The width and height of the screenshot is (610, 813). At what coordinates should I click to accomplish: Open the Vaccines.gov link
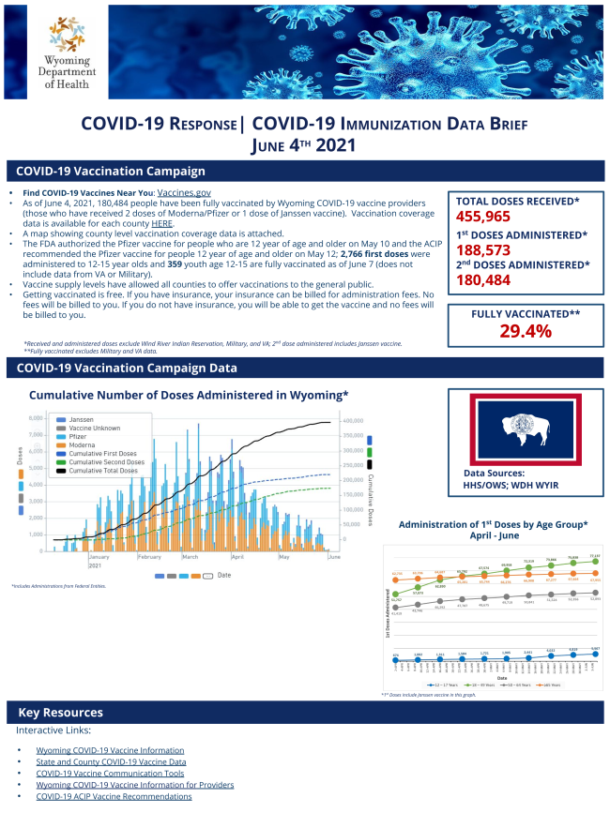pos(184,192)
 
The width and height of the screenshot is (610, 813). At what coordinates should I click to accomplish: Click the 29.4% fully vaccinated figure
pos(525,332)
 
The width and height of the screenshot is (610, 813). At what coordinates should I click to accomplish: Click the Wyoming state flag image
pos(526,429)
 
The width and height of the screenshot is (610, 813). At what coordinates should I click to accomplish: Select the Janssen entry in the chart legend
pos(83,419)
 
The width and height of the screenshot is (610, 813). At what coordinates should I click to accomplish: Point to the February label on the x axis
pos(149,557)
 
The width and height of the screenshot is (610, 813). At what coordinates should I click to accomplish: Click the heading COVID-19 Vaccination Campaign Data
pos(127,369)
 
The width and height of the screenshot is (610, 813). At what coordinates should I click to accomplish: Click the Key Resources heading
pos(62,713)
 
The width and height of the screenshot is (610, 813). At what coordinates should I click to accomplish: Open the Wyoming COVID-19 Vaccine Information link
pos(110,750)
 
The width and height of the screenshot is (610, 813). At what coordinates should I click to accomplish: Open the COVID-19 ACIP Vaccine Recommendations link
pos(114,796)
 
